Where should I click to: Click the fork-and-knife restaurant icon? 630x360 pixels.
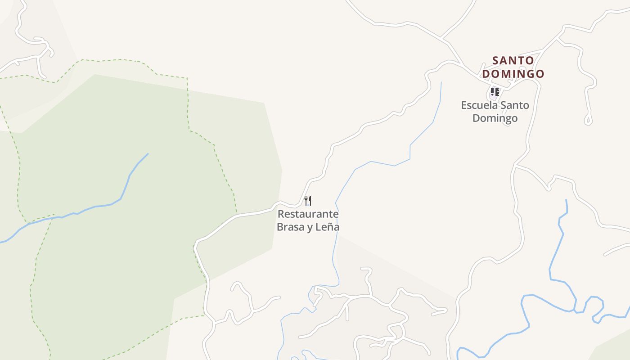pyautogui.click(x=308, y=200)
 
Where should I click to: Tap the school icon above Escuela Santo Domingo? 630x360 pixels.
pyautogui.click(x=495, y=92)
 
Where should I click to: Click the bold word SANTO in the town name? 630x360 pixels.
pyautogui.click(x=513, y=60)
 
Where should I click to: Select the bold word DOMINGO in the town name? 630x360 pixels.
pyautogui.click(x=513, y=74)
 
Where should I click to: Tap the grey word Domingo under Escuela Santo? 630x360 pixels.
pyautogui.click(x=495, y=118)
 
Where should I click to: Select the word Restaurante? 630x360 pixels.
pyautogui.click(x=308, y=214)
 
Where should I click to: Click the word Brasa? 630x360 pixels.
pyautogui.click(x=290, y=227)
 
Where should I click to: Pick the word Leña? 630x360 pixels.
pyautogui.click(x=327, y=227)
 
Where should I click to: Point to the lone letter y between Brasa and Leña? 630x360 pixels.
pyautogui.click(x=310, y=228)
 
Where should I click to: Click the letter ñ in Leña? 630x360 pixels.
pyautogui.click(x=329, y=227)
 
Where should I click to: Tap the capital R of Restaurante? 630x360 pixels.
pyautogui.click(x=280, y=214)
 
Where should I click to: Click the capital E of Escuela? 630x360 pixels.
pyautogui.click(x=464, y=105)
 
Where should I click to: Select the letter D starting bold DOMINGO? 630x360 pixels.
pyautogui.click(x=486, y=74)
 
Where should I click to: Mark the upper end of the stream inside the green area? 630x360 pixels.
pyautogui.click(x=148, y=154)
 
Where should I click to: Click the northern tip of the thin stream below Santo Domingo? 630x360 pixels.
pyautogui.click(x=441, y=82)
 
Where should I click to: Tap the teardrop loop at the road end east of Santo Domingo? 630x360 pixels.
pyautogui.click(x=588, y=120)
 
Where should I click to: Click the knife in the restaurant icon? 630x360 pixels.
pyautogui.click(x=310, y=200)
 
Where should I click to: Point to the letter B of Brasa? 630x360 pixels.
pyautogui.click(x=280, y=227)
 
